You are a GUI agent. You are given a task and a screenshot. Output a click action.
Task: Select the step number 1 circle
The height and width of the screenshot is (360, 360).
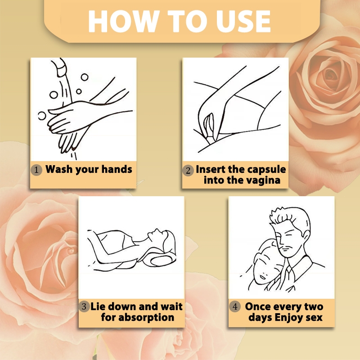pyautogui.click(x=36, y=170)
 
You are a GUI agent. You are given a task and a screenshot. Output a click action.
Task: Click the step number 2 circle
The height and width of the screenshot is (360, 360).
pyautogui.click(x=188, y=171)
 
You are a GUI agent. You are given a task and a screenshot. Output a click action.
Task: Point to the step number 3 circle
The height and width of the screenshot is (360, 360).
pyautogui.click(x=84, y=306)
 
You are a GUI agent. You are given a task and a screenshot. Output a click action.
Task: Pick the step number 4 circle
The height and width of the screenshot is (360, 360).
pyautogui.click(x=235, y=306)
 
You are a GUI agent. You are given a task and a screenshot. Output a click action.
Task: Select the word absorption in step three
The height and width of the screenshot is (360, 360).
pyautogui.click(x=146, y=318)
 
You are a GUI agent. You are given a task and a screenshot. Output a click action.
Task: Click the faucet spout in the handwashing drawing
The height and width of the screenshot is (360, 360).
pyautogui.click(x=60, y=67)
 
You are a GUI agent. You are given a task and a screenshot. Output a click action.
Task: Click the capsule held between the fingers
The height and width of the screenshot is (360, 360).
pyautogui.click(x=210, y=127)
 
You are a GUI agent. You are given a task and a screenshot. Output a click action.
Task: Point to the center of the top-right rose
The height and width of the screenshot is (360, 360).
pyautogui.click(x=331, y=75)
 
